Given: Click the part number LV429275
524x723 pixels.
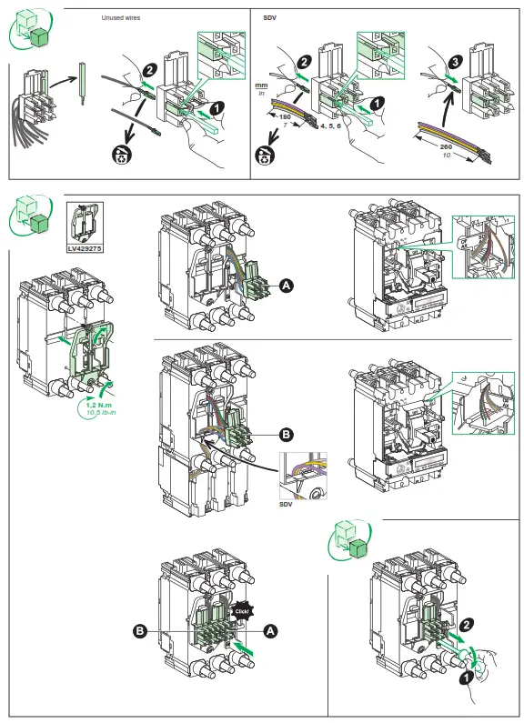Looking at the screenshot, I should click(85, 246).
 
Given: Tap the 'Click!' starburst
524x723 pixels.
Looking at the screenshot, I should click(241, 611).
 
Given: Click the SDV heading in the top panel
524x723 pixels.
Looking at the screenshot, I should click(269, 17).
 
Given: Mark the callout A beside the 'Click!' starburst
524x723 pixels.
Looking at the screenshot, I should click(269, 629).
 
